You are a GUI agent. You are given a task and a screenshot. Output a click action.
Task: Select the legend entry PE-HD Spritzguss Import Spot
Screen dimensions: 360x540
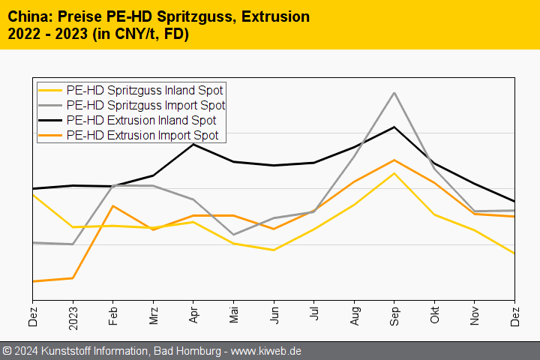coord(145,105)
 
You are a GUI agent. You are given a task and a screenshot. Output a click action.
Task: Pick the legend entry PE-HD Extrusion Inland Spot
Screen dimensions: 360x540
coord(141,120)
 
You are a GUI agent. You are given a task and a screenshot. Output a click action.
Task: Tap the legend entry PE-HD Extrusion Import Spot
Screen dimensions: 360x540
coord(142,135)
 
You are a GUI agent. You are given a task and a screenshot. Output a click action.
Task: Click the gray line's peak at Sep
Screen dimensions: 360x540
coord(394,93)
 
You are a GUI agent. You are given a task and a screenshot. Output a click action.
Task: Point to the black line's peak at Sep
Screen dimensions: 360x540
coord(394,127)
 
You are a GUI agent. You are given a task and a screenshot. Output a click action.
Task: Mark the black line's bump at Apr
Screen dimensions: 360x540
coord(193,144)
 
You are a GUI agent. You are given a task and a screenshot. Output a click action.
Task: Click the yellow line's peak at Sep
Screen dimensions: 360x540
coord(394,173)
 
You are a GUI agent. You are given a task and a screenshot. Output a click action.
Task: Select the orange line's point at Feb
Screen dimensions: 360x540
coord(113,205)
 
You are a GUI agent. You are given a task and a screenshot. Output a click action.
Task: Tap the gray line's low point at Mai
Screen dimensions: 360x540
coord(234,235)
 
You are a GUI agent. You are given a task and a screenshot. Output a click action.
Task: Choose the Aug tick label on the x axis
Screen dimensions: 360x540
coord(355,316)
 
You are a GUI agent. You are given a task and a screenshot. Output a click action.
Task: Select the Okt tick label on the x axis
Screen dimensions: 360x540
coord(435,316)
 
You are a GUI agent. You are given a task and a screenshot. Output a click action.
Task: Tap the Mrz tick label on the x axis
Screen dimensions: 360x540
coord(154,316)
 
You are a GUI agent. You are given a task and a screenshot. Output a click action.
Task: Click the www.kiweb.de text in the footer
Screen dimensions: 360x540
coord(265,351)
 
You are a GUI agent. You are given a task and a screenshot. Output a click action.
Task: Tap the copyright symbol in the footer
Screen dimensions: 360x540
coord(7,351)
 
